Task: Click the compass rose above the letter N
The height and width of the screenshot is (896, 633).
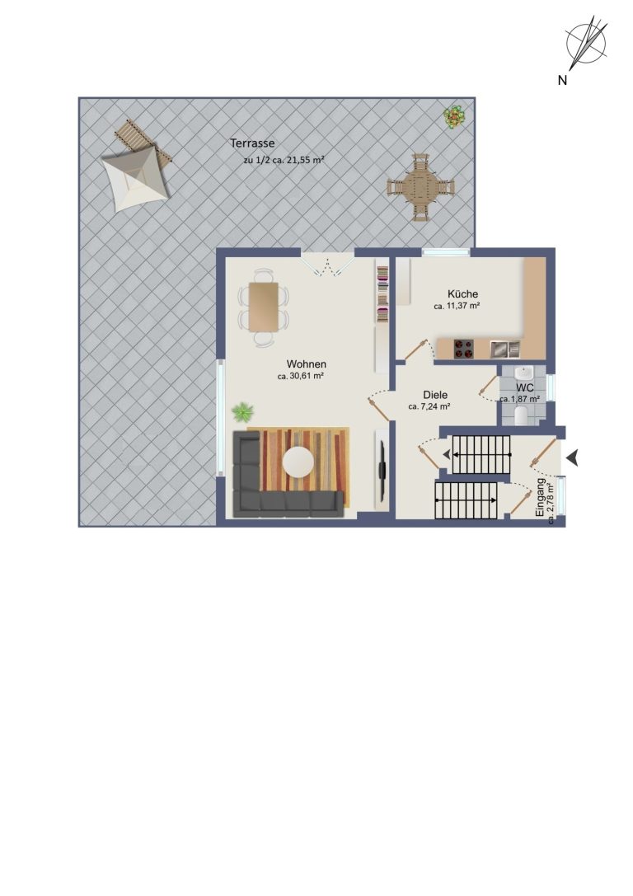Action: click(586, 41)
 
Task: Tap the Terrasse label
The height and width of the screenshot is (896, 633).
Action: click(252, 143)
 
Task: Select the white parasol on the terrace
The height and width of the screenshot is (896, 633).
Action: click(136, 178)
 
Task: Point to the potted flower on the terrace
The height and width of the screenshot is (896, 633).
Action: click(454, 117)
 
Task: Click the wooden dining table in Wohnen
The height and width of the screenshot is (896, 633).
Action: click(264, 307)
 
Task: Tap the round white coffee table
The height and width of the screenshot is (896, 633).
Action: click(298, 462)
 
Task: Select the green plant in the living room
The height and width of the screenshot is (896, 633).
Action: click(243, 411)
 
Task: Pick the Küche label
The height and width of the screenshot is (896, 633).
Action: click(462, 294)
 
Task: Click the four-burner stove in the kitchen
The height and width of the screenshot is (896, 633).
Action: click(464, 349)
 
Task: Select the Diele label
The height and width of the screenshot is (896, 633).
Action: click(435, 395)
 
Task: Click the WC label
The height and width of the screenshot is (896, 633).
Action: click(524, 388)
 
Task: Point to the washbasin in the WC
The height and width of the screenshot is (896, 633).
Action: click(523, 373)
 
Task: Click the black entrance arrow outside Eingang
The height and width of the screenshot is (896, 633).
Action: click(573, 457)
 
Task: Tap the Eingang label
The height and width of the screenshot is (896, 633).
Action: click(541, 499)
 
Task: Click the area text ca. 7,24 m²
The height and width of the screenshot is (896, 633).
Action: click(429, 407)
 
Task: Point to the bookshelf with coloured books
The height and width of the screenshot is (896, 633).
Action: click(382, 292)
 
